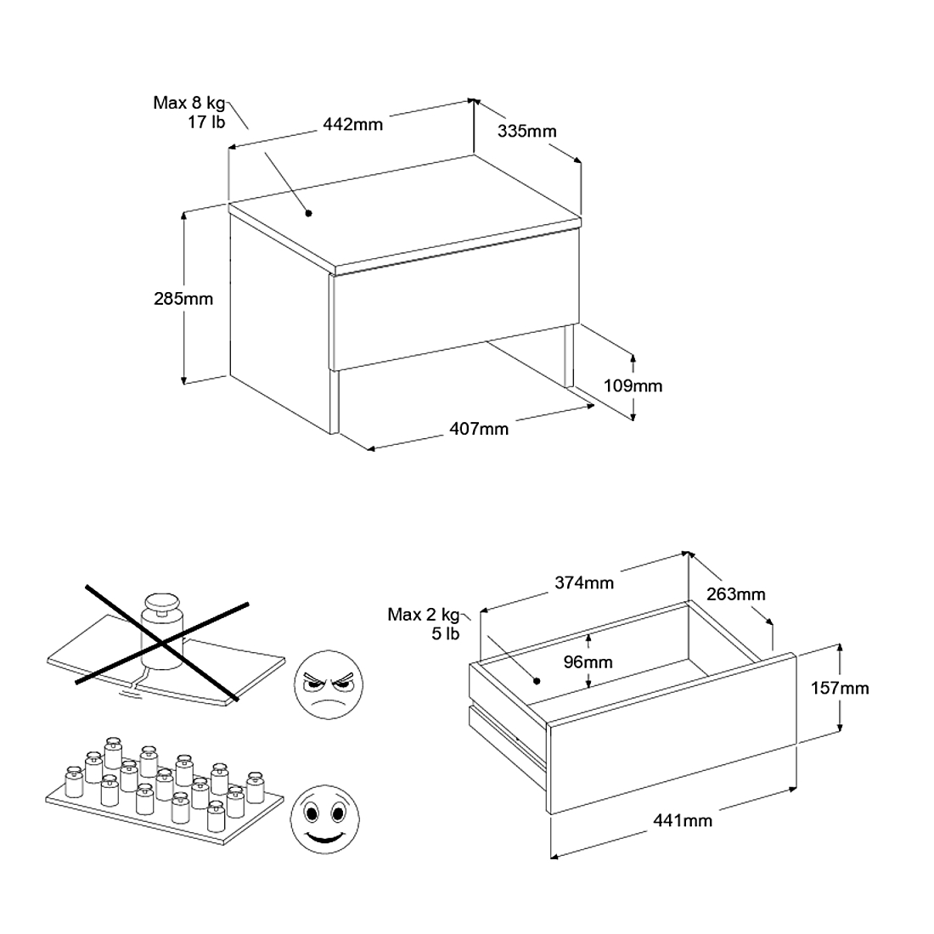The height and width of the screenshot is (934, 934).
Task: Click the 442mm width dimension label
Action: tap(352, 125)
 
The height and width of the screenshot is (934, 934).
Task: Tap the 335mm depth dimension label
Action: tap(526, 131)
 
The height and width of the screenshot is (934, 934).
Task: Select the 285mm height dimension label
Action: tap(183, 298)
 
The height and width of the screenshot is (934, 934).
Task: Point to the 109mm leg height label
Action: tap(633, 386)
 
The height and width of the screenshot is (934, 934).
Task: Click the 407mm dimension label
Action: tap(479, 429)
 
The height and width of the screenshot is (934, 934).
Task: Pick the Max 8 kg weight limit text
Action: tap(189, 103)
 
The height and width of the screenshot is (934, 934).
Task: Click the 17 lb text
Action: tap(206, 122)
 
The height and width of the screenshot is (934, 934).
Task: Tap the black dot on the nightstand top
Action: tap(308, 213)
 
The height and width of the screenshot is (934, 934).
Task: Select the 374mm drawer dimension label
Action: tap(584, 582)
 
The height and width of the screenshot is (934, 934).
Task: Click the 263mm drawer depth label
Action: tap(735, 594)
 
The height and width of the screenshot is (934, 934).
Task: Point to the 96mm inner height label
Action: tap(588, 661)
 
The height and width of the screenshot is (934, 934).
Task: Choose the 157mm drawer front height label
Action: tap(840, 689)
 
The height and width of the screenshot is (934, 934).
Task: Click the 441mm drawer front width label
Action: tap(683, 821)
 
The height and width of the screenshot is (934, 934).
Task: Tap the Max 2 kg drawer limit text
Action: tap(424, 615)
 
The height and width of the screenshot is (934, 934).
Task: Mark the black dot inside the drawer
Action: tap(537, 681)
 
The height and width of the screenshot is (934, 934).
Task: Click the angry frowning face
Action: tap(329, 684)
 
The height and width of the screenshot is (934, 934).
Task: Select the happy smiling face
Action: tap(324, 819)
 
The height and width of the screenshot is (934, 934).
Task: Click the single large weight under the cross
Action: tap(162, 632)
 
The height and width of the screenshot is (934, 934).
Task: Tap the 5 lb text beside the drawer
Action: tap(446, 633)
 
